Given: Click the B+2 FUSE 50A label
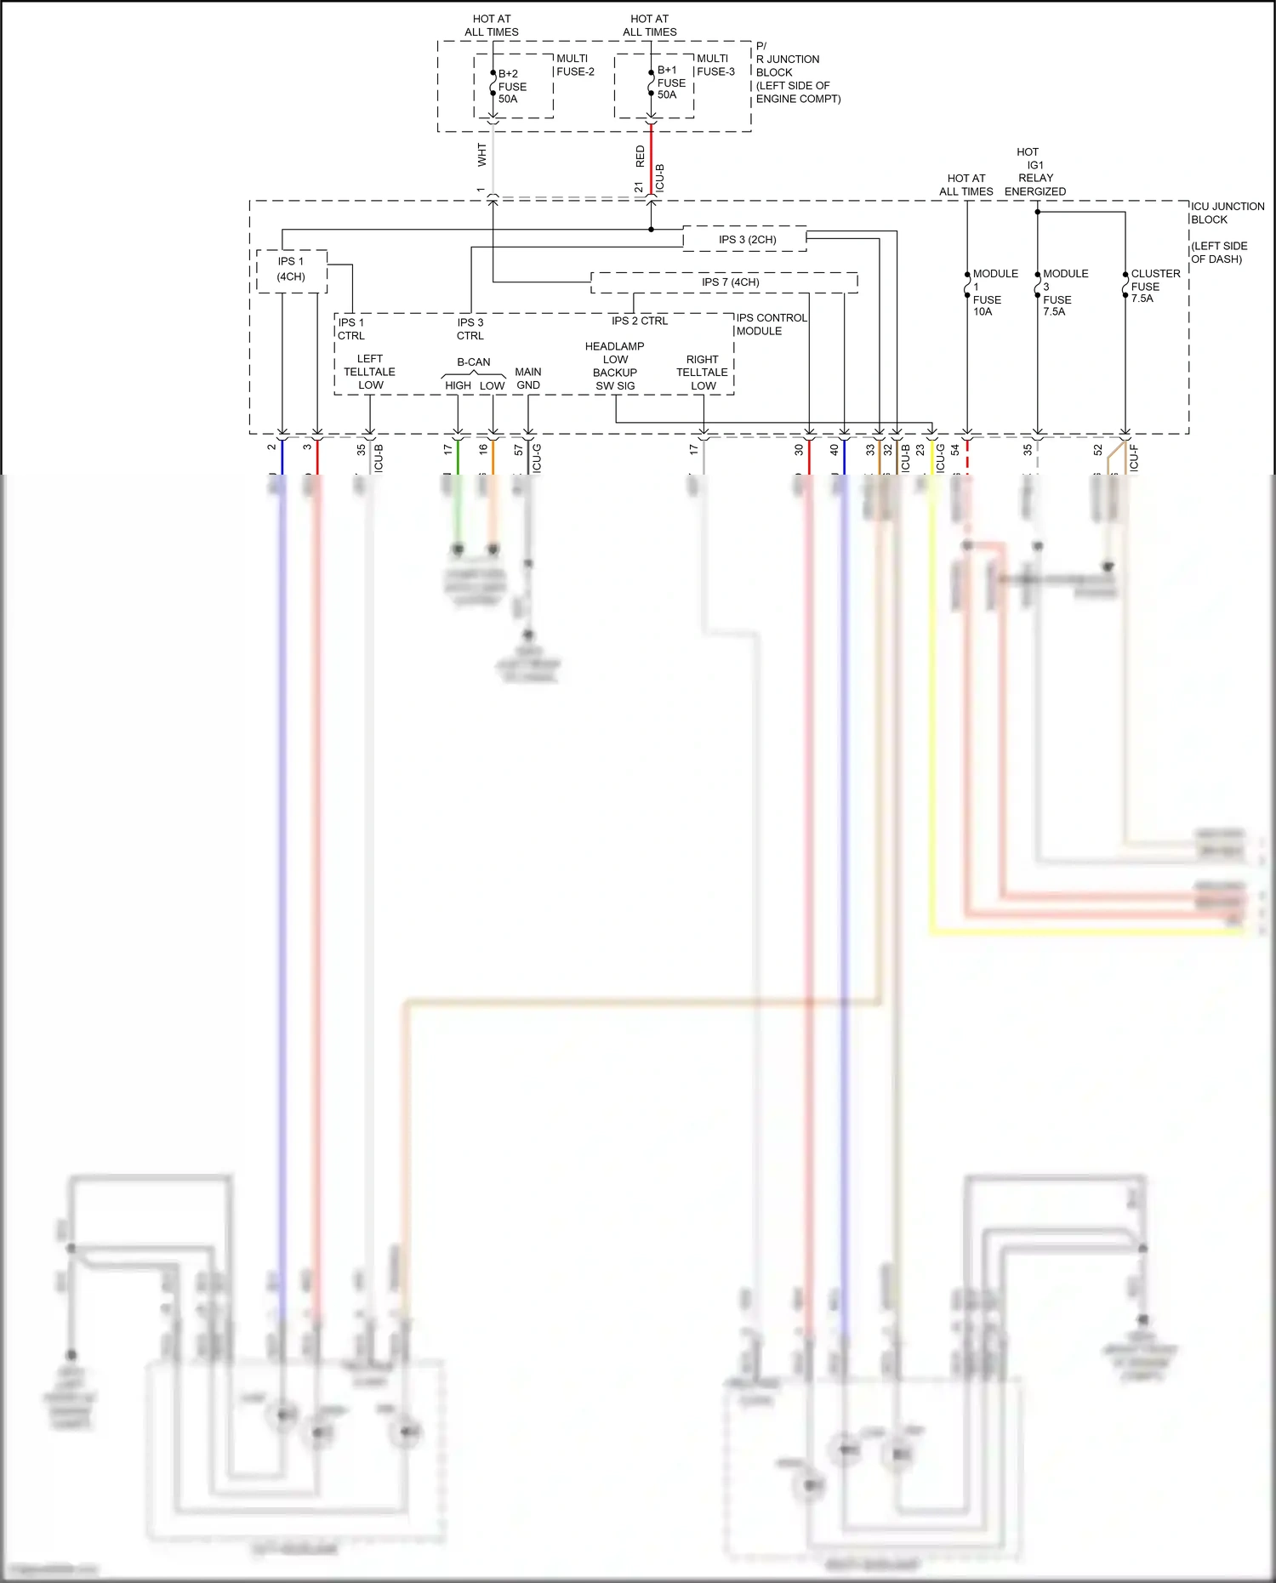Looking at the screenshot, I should click(x=511, y=87).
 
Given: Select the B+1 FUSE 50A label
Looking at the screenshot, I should click(x=670, y=83).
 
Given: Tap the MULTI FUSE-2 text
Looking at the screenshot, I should click(x=575, y=65).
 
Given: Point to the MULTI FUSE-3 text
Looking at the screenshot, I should click(x=715, y=65).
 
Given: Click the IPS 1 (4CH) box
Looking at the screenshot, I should click(x=291, y=270).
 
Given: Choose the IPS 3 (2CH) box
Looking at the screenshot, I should click(x=746, y=240).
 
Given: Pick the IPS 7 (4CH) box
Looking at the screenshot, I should click(x=729, y=282).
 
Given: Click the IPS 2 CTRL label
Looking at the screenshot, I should click(x=640, y=321).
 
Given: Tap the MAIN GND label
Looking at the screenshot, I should click(x=528, y=379).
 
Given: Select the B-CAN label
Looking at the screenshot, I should click(x=474, y=362).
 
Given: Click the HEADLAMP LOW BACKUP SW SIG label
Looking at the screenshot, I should click(x=615, y=366).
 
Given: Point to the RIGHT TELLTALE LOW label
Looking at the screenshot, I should click(x=703, y=373).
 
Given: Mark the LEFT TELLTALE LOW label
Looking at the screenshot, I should click(x=370, y=372).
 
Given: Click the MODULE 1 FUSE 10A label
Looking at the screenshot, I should click(x=991, y=293).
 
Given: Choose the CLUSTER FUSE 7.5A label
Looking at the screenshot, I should click(x=1154, y=286).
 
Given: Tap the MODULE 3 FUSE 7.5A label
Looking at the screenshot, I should click(x=1062, y=293).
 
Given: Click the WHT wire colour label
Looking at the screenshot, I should click(x=482, y=155).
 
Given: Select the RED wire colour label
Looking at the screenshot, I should click(x=641, y=156).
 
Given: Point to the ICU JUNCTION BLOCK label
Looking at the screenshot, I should click(x=1226, y=213).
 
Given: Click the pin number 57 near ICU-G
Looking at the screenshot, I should click(x=518, y=450).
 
